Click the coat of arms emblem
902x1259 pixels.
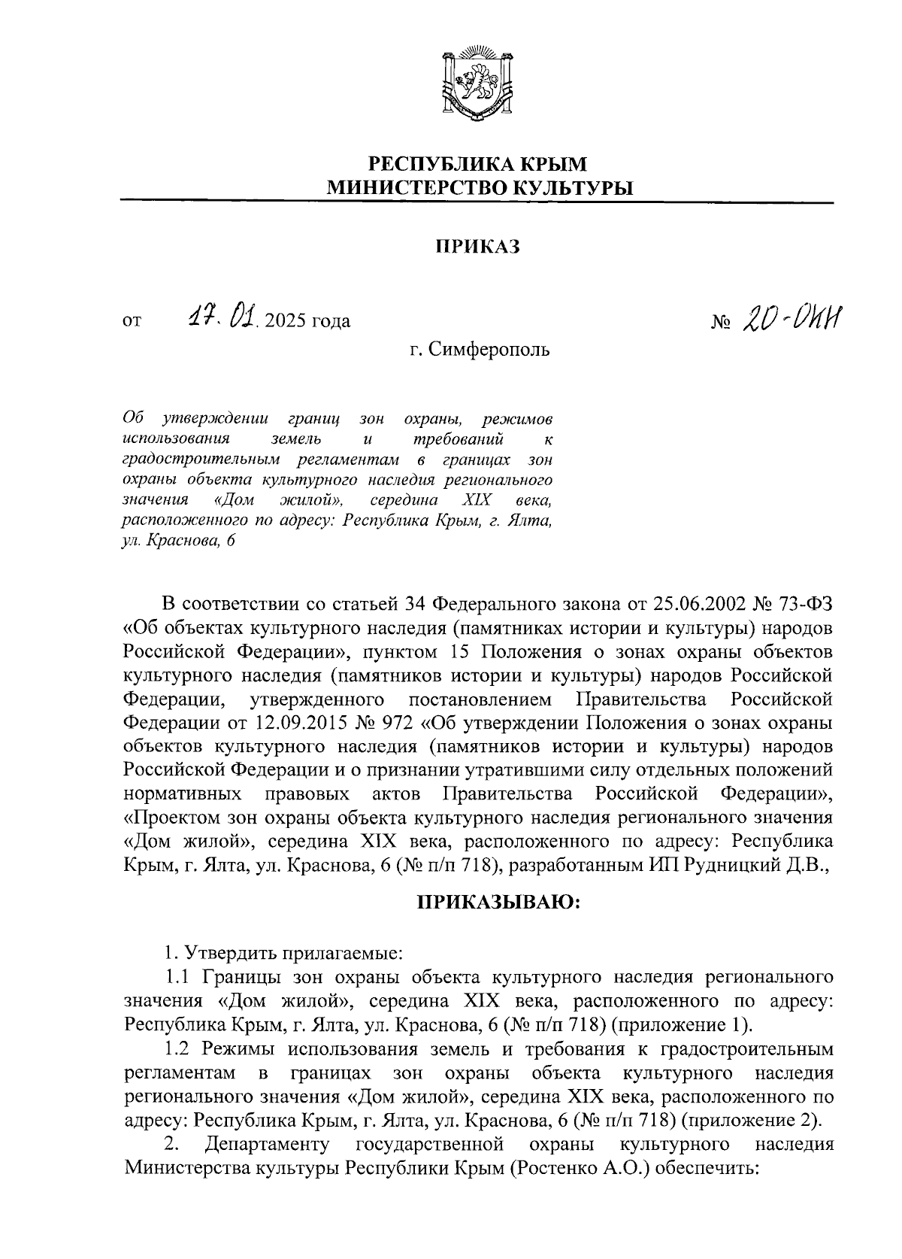477,84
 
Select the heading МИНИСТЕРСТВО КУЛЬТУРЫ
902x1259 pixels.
477,188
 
